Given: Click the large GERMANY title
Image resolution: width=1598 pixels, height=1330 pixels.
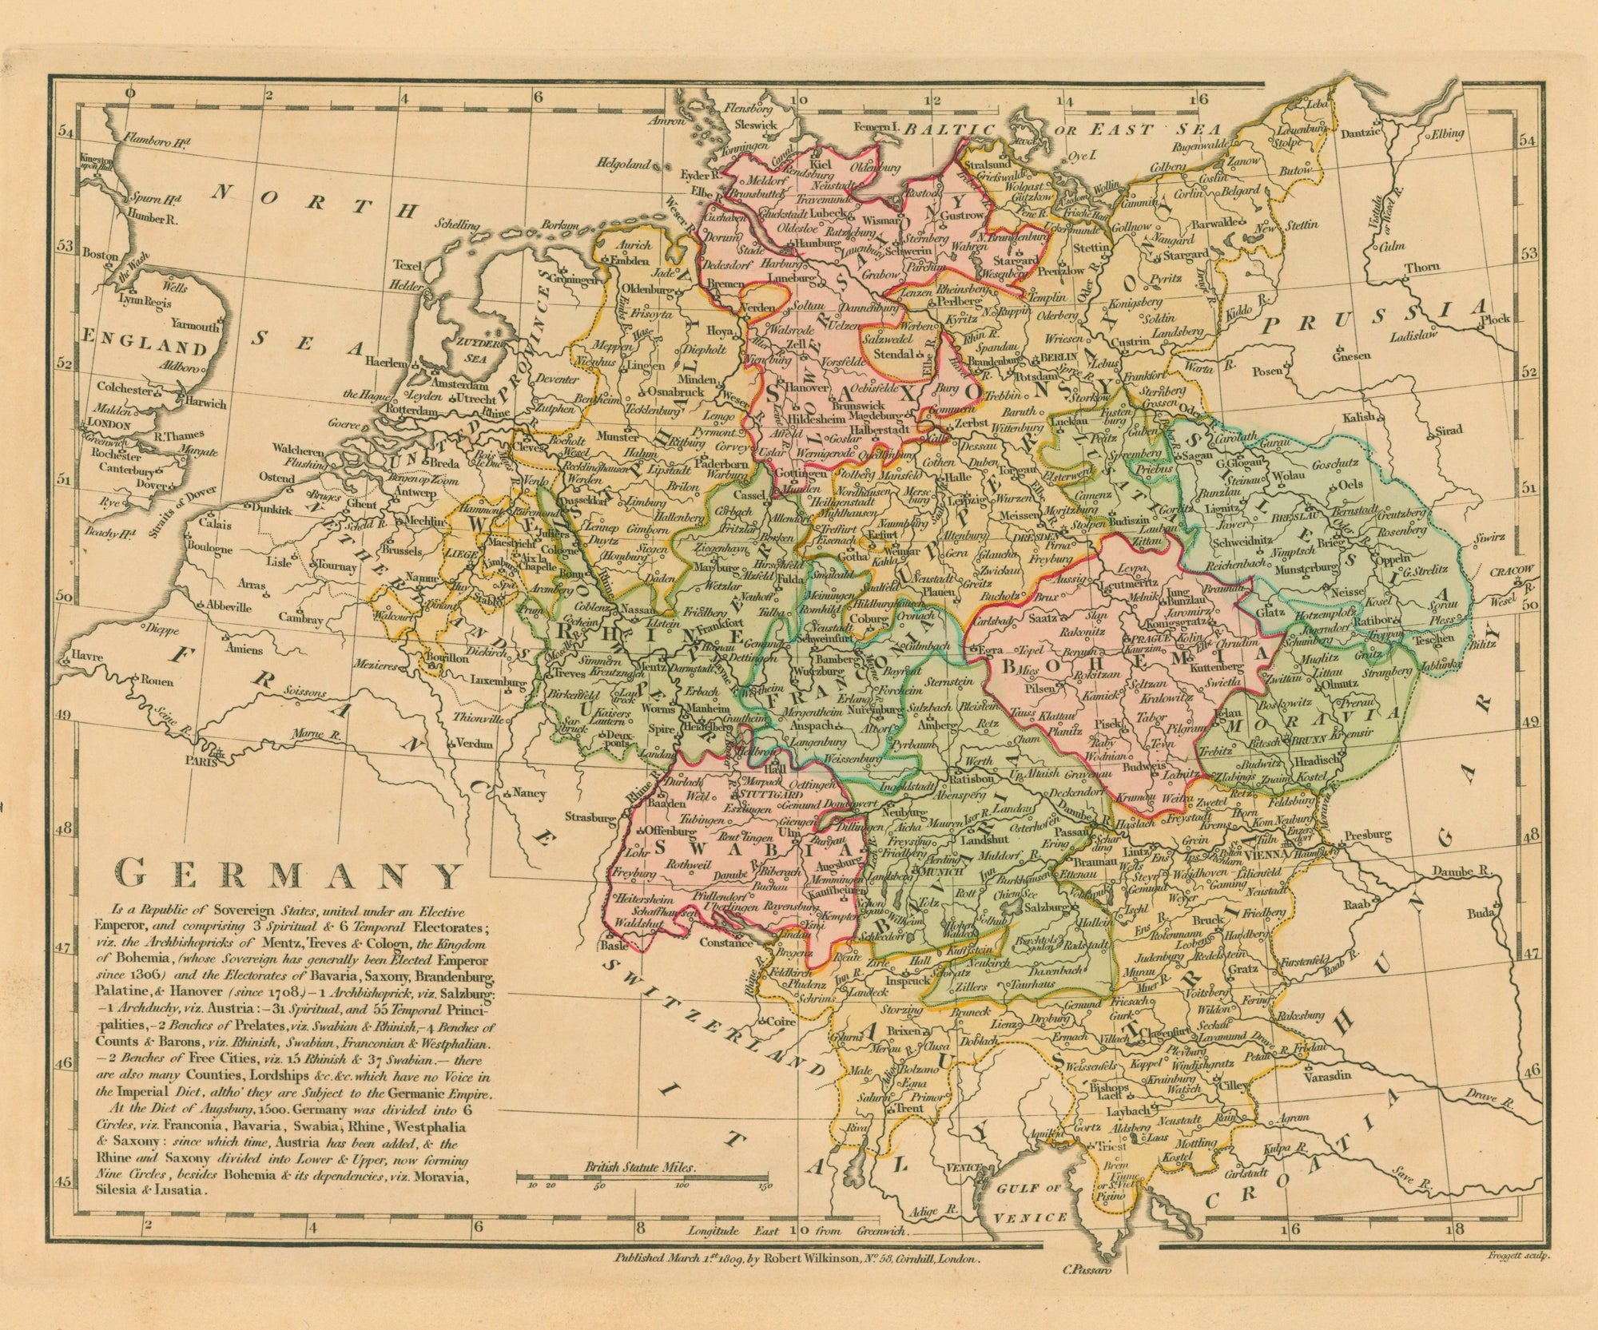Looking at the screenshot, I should [289, 875].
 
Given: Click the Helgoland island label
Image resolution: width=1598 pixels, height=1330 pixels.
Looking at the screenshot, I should [629, 164].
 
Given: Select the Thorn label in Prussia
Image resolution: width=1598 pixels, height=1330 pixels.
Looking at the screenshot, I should [1422, 268].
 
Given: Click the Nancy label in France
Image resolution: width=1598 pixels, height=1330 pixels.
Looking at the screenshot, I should [529, 793].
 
